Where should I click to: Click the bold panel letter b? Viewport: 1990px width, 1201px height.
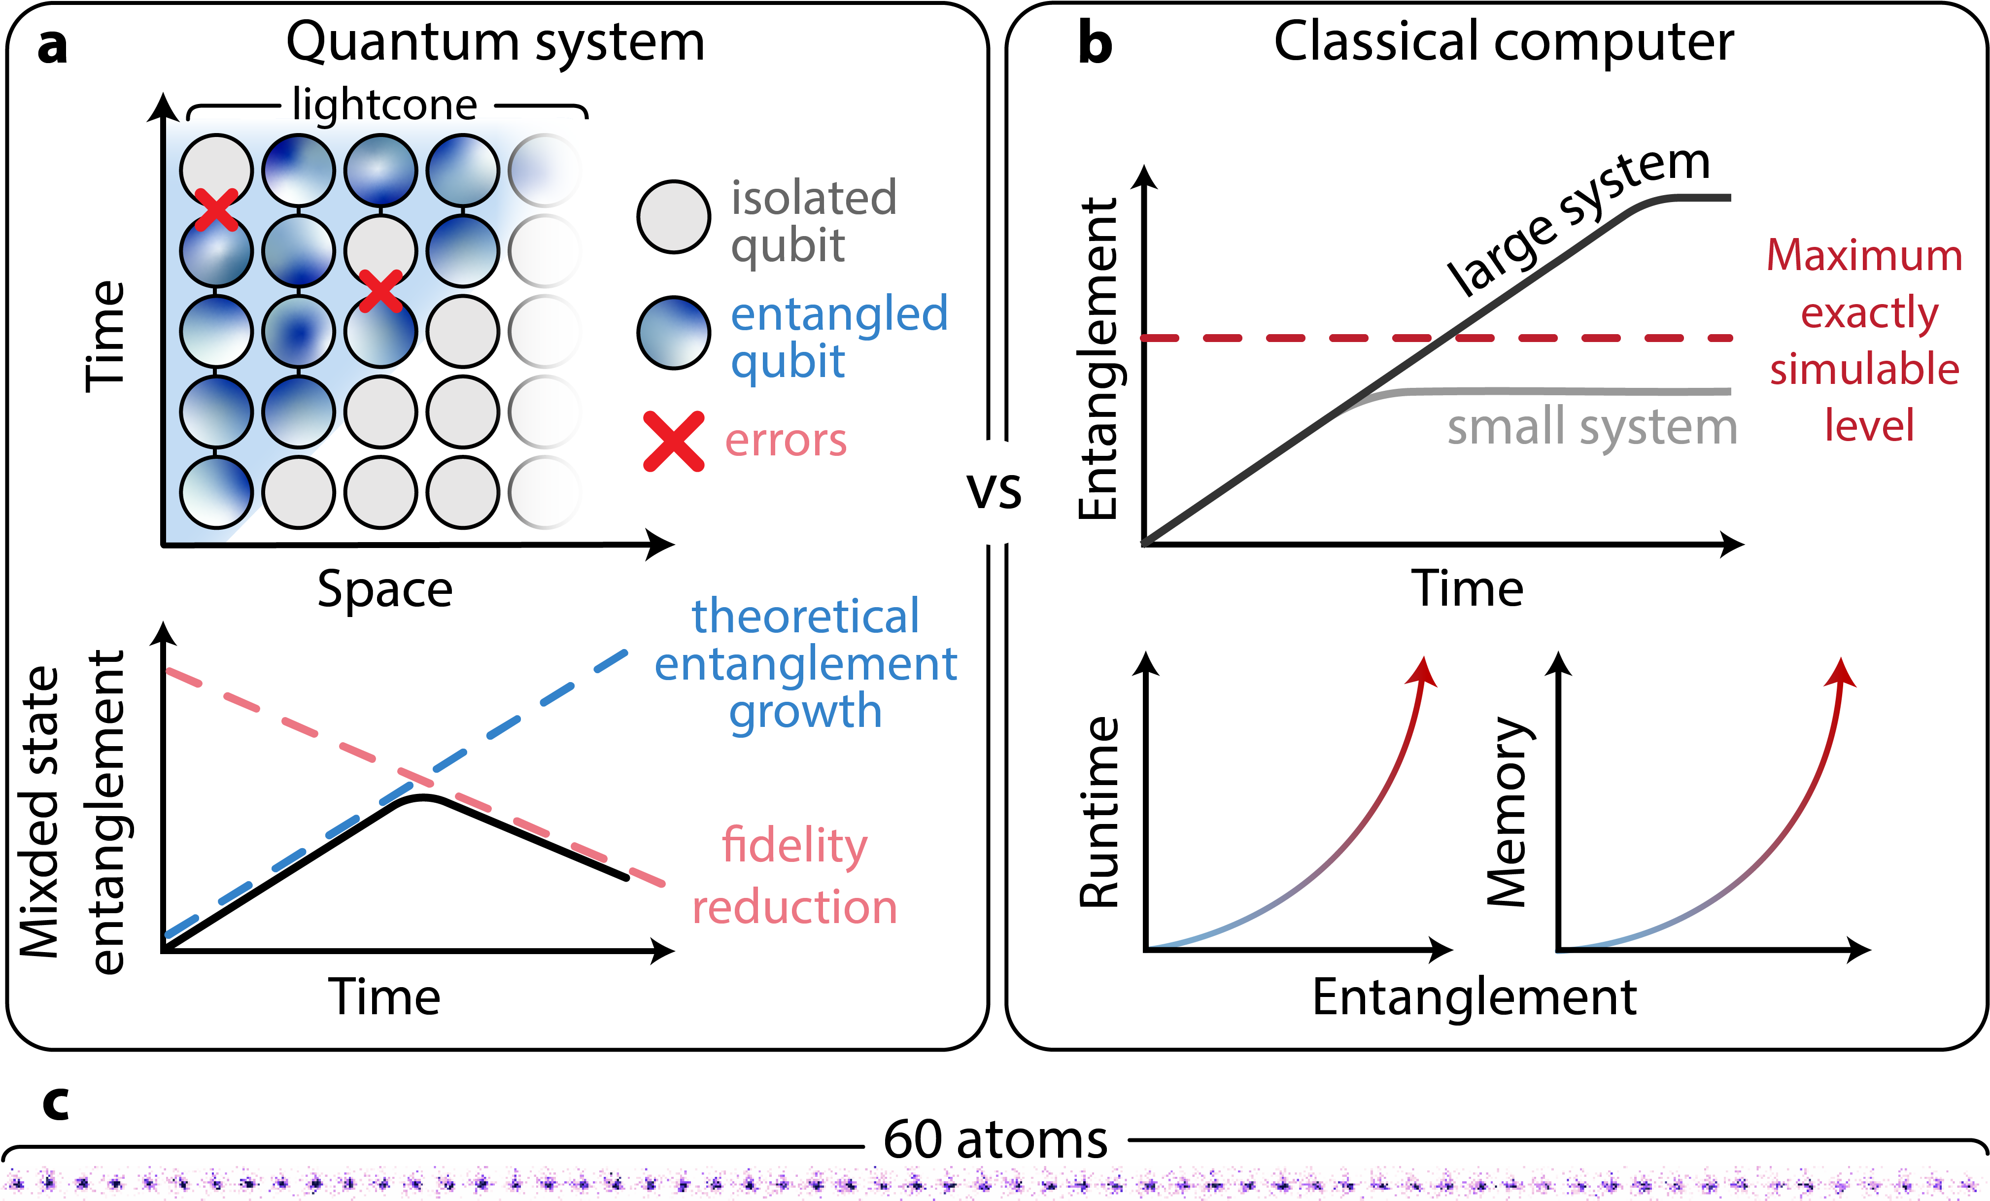(x=1095, y=44)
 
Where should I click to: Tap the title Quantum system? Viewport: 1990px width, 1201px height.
(x=495, y=42)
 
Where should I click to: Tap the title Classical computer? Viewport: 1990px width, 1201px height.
(x=1503, y=42)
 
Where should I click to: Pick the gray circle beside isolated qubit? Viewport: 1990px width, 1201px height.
(x=674, y=216)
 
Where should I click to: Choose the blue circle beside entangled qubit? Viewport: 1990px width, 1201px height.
(x=674, y=333)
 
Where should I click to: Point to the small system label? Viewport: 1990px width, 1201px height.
(x=1591, y=426)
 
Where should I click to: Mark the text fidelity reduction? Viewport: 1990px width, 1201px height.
(x=795, y=876)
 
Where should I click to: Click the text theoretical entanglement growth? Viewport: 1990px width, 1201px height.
(x=805, y=664)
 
